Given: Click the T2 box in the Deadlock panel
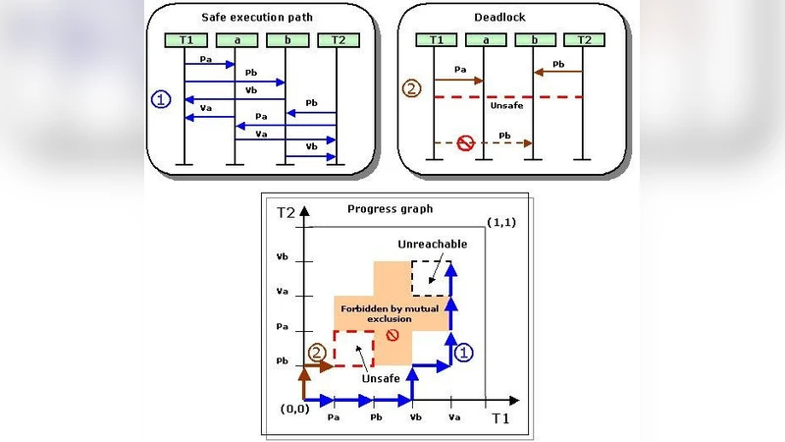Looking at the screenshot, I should (583, 39).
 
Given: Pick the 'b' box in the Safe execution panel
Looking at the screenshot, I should (286, 39).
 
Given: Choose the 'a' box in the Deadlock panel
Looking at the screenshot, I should (482, 39).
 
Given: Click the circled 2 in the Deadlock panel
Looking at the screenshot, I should (412, 88).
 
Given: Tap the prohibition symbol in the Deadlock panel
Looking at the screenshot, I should (466, 143).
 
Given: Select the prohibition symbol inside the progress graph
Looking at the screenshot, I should (392, 335).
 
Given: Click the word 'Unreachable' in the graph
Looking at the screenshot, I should (432, 244).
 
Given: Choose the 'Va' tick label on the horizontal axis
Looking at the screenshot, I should (450, 416).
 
